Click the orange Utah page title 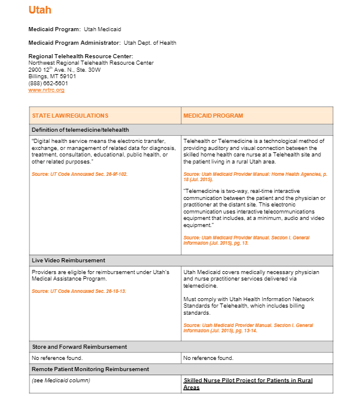[39, 10]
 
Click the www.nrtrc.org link [46, 90]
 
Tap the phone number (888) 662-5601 [48, 83]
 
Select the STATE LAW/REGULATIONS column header [70, 115]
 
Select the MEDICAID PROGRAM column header [213, 115]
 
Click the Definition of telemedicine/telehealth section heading [81, 129]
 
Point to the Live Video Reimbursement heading [68, 260]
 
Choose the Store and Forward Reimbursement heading [79, 347]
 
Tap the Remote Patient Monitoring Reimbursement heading [90, 369]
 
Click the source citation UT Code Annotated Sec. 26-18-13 [79, 291]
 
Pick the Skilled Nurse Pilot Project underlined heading [248, 383]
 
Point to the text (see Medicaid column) [61, 381]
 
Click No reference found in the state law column [57, 358]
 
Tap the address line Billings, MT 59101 [52, 76]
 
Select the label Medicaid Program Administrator [75, 42]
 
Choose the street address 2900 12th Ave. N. [64, 69]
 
